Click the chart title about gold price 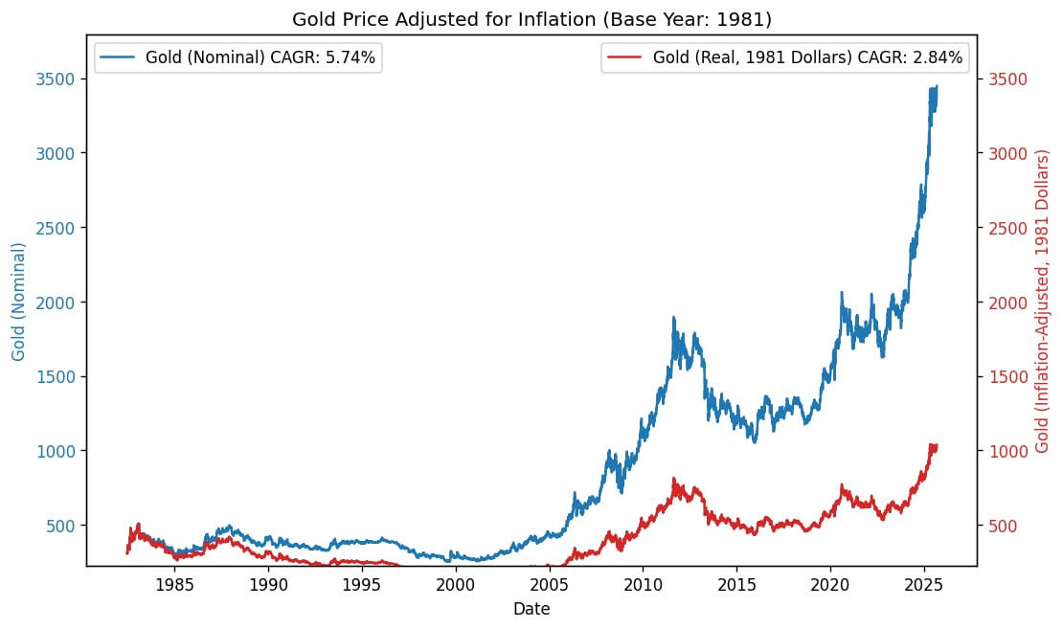[x=531, y=18]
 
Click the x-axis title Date [x=531, y=609]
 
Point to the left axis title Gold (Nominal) [x=19, y=302]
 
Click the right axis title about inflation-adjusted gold [x=1043, y=302]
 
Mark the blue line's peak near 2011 [x=673, y=318]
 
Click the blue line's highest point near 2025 [x=936, y=86]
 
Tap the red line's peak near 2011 [x=674, y=479]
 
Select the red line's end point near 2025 [x=936, y=446]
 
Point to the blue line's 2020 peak [x=842, y=293]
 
